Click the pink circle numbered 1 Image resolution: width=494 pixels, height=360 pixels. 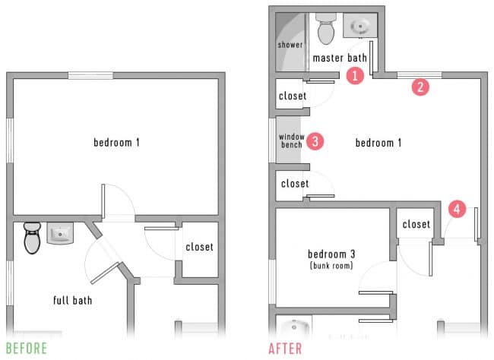click(x=353, y=74)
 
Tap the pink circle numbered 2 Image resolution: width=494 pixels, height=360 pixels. click(x=419, y=87)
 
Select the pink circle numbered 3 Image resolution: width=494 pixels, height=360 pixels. click(x=314, y=141)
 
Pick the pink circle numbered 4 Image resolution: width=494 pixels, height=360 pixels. click(x=457, y=208)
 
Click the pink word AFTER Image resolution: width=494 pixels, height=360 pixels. click(x=284, y=349)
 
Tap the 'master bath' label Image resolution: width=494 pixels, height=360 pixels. click(x=340, y=58)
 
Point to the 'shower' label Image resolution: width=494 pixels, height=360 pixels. click(x=290, y=45)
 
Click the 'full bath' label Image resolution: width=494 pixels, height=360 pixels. click(x=72, y=300)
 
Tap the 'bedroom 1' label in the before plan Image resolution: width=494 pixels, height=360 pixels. click(x=117, y=142)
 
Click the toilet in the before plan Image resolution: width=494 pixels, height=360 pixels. click(x=32, y=238)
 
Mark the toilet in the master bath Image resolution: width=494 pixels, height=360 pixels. click(x=327, y=30)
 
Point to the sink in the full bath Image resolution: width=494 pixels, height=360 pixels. click(x=60, y=234)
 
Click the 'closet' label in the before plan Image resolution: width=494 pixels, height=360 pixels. click(x=199, y=247)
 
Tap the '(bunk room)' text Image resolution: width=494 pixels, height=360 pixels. click(x=331, y=266)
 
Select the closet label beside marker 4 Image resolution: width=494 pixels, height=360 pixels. click(x=416, y=224)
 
